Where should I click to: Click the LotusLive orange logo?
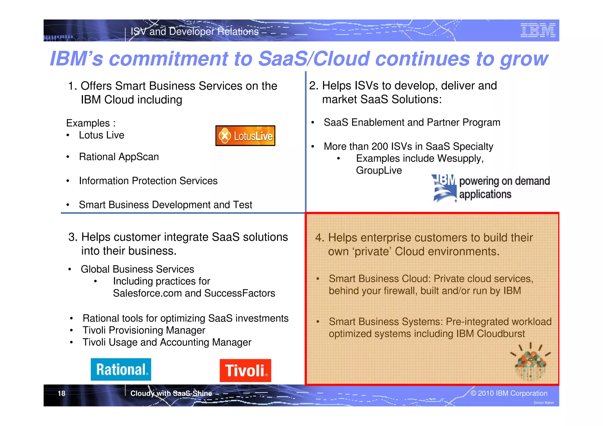(245, 136)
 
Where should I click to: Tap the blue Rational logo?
(121, 369)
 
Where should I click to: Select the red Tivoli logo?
(245, 370)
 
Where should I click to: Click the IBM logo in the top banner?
(538, 30)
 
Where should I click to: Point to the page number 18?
(61, 393)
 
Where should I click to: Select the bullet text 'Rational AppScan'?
(119, 157)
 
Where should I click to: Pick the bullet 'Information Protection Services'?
(148, 181)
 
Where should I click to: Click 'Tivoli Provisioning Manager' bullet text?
(144, 330)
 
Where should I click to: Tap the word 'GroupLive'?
(379, 170)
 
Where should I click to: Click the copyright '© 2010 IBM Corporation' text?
(509, 393)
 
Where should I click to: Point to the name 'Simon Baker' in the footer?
(544, 403)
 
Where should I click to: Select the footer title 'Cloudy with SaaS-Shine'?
(171, 393)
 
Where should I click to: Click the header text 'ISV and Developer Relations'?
(195, 32)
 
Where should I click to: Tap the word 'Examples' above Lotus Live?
(88, 123)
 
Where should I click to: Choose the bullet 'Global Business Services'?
(137, 269)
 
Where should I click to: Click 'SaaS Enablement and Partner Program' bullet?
(412, 122)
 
